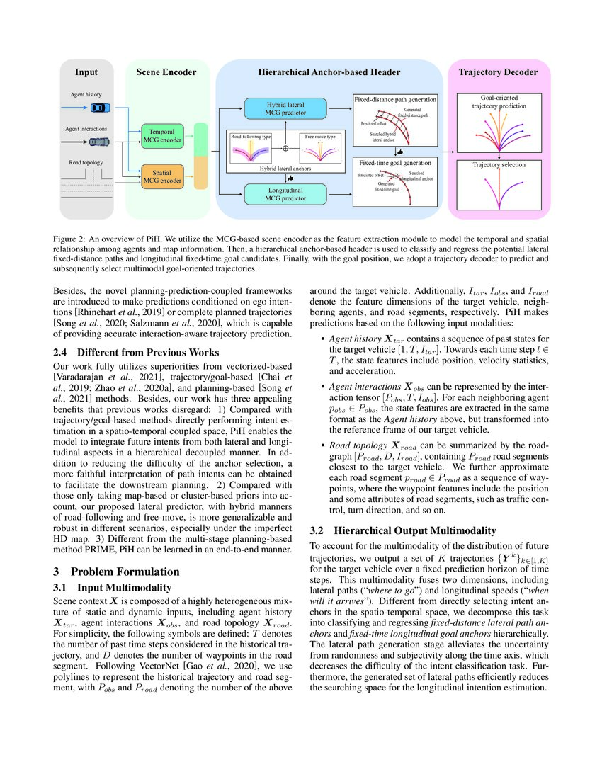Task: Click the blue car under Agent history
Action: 101,108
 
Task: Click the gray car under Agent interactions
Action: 100,142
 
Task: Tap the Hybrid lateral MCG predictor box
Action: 286,108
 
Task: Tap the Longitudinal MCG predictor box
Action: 286,193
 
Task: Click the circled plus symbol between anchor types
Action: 286,149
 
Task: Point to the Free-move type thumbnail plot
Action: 319,150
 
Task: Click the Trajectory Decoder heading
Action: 498,72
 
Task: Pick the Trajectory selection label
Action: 499,165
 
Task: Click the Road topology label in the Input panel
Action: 86,162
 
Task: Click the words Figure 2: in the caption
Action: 72,239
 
